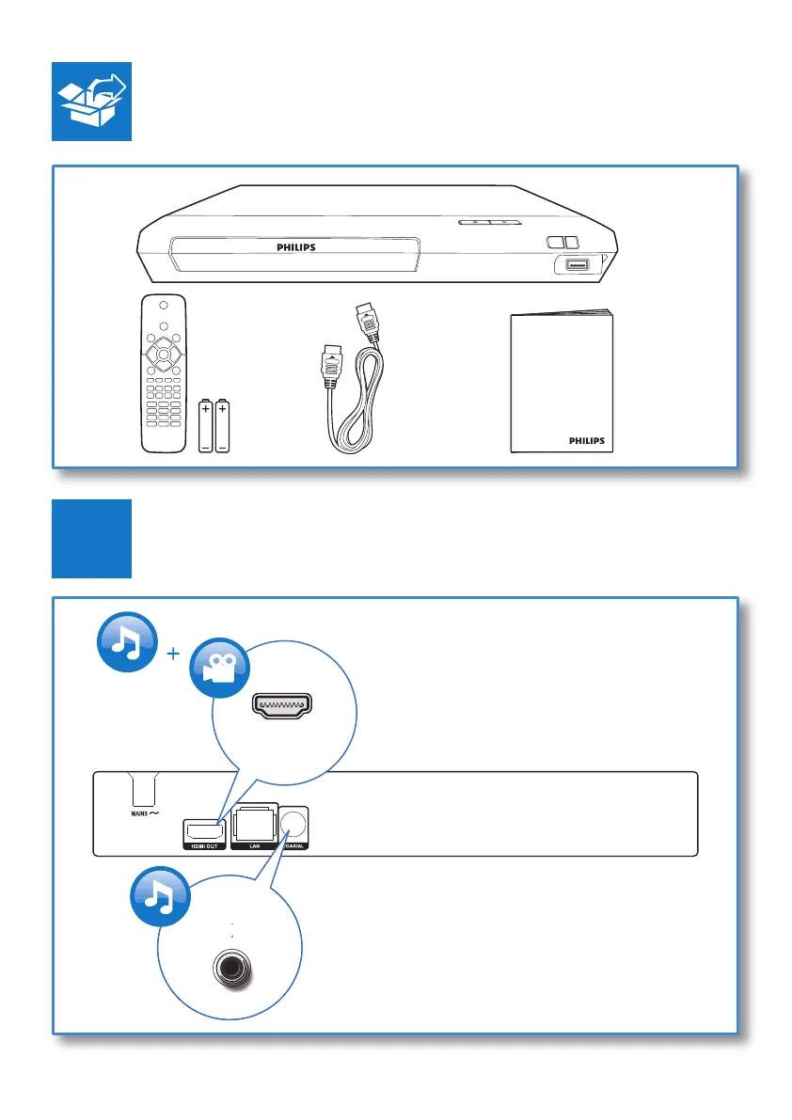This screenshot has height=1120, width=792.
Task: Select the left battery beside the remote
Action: pos(206,428)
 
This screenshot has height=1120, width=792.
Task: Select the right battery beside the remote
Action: pos(223,428)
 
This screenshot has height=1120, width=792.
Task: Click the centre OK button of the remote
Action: pos(163,355)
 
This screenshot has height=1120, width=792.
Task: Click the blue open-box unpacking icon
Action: pos(91,103)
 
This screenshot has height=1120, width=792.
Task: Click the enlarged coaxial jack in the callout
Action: pos(230,966)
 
